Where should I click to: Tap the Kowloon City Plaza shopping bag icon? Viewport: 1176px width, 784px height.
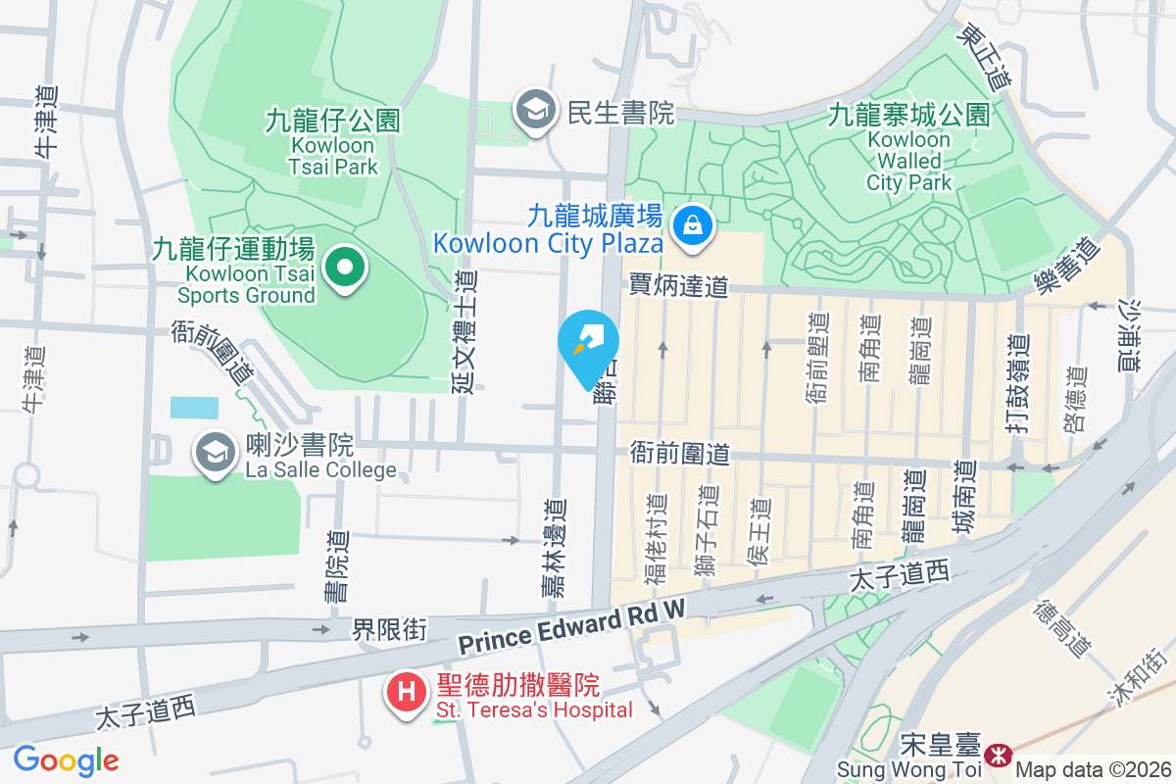click(x=693, y=224)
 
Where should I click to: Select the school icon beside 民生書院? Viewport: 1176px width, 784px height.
click(x=535, y=111)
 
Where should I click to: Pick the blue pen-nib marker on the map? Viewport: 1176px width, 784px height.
click(x=588, y=344)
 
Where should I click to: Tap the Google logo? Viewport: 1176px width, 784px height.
click(x=66, y=760)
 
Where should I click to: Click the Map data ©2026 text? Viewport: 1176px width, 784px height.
click(x=1094, y=770)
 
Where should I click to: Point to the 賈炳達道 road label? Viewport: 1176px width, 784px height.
click(x=678, y=285)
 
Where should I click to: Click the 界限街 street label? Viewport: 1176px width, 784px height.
click(x=389, y=629)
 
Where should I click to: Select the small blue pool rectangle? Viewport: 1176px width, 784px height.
click(x=194, y=408)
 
